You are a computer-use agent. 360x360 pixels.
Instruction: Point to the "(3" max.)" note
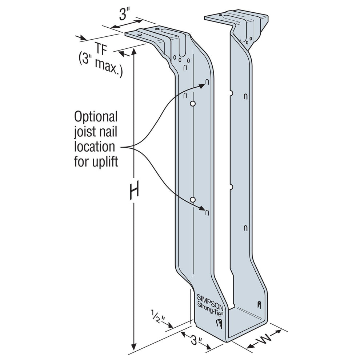coord(100,65)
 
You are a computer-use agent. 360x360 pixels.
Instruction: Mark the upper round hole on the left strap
coord(193,104)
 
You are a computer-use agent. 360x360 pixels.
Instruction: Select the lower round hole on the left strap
coord(193,200)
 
